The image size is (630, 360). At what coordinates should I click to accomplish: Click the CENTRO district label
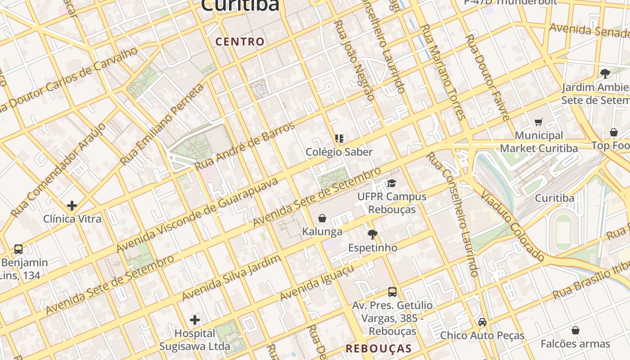pos(240,42)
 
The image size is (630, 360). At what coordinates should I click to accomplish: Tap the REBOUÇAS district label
pos(378,348)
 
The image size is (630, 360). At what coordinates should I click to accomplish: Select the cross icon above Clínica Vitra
pos(72,206)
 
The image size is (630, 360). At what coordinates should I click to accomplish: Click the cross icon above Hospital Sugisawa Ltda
pos(195,320)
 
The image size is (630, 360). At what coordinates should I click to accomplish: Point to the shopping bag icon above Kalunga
pos(322,219)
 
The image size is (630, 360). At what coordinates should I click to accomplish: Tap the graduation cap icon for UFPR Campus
pos(392,183)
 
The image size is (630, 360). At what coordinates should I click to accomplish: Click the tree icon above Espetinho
pos(373,234)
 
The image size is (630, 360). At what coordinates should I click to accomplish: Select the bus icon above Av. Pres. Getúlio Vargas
pos(392,292)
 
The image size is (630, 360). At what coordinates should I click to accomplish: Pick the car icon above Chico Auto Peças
pos(482,322)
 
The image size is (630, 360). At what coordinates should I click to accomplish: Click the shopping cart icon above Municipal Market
pos(539,122)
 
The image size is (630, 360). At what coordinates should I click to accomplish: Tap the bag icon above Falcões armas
pos(576,331)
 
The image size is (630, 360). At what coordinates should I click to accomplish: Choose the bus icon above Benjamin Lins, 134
pos(18,249)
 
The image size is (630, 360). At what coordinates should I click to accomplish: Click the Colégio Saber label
pos(339,152)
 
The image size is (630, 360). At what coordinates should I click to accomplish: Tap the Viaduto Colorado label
pos(513,226)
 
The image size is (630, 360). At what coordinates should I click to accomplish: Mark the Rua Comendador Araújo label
pos(58,170)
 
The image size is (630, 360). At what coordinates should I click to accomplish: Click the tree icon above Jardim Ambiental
pos(605,73)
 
